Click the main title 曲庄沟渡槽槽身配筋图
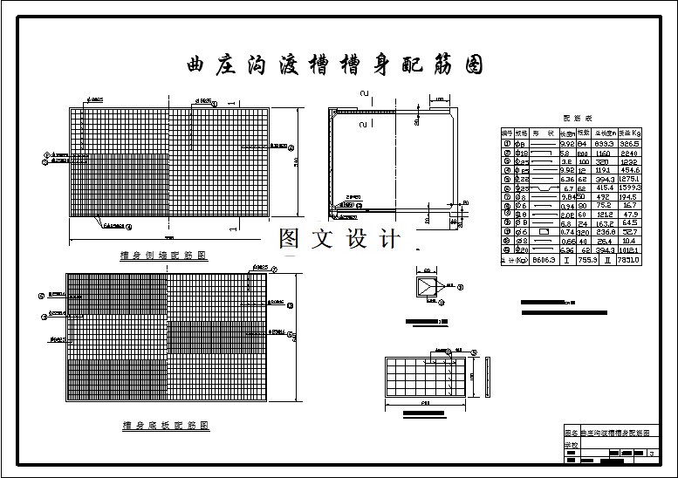[x=335, y=65]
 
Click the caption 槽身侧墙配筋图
[x=164, y=256]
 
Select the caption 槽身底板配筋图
[x=166, y=426]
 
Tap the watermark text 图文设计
[x=339, y=239]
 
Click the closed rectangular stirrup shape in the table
[x=544, y=233]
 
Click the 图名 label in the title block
[x=571, y=433]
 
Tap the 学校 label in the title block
[x=571, y=444]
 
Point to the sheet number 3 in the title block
[x=651, y=454]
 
